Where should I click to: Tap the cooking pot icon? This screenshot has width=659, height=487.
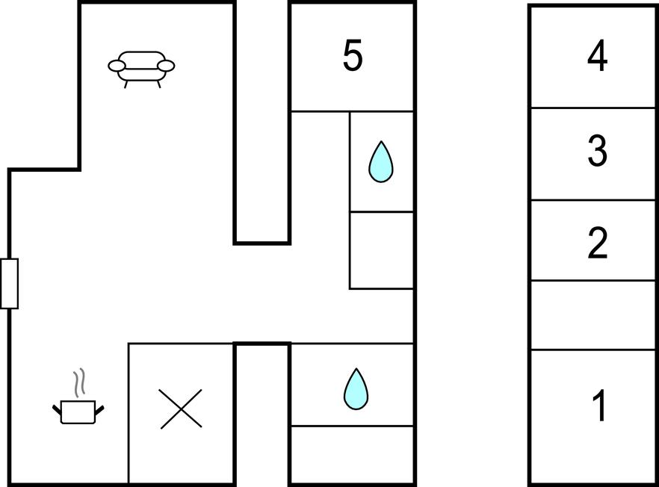point(78,412)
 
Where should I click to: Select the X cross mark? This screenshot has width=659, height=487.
point(181,409)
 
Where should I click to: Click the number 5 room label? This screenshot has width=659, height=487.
point(352,55)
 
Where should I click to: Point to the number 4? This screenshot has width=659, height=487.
point(597,55)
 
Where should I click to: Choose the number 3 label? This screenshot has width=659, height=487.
point(597,150)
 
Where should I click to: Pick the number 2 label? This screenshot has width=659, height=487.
point(597,243)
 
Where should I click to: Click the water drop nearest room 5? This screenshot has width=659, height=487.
point(381,162)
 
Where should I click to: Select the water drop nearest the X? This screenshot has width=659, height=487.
point(356,389)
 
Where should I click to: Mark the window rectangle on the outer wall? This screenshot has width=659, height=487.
point(9,284)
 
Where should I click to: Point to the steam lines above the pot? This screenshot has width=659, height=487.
point(79,383)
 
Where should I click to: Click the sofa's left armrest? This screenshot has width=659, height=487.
point(117,66)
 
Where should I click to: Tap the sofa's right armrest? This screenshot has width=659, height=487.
point(166,66)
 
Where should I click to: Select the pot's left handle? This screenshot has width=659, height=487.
point(57,409)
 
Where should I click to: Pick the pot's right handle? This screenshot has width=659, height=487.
point(99,409)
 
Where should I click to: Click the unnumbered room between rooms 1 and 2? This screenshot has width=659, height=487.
point(593,315)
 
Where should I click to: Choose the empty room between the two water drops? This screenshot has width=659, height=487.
point(382,250)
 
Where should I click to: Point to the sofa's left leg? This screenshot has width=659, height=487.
point(126,84)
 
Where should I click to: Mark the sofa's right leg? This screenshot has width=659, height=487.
point(158,84)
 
